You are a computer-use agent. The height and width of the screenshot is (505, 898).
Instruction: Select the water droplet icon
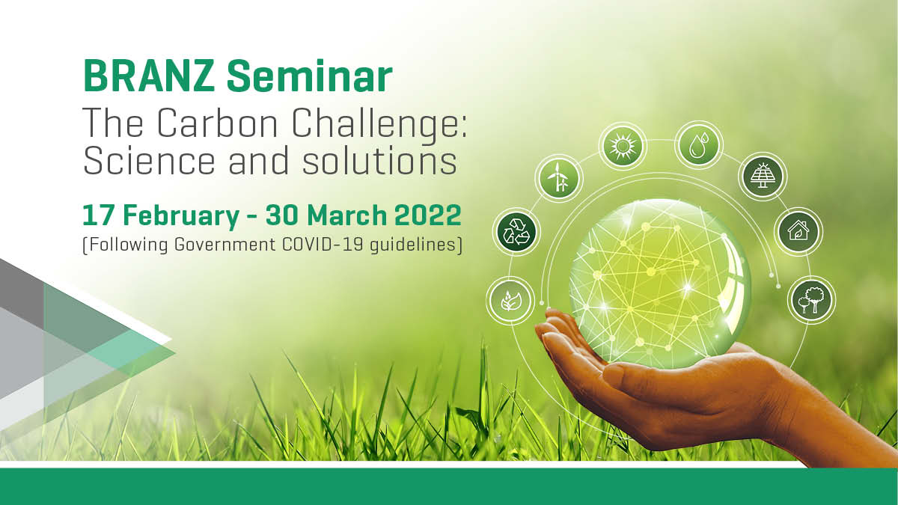698,144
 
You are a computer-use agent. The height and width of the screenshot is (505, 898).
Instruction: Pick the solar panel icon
761,177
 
